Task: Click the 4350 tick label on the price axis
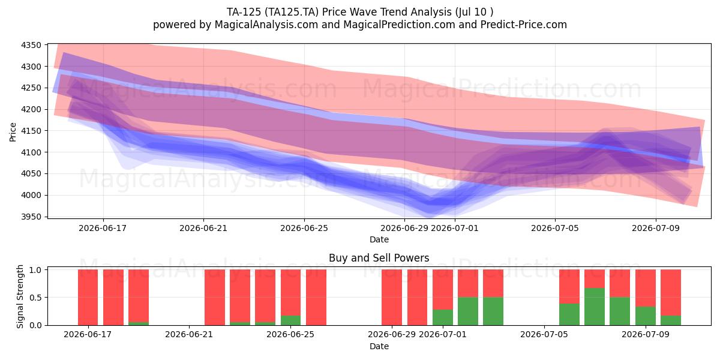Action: point(31,45)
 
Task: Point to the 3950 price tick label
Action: point(31,217)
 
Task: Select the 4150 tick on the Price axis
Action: point(31,131)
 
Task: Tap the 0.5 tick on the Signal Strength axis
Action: point(35,298)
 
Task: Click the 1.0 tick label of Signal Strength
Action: point(35,269)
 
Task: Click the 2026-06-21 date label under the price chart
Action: point(203,228)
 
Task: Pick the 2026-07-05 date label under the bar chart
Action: point(544,334)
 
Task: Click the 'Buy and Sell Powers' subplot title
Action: point(379,258)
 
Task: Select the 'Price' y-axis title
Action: point(13,132)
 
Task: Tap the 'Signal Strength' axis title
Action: point(20,296)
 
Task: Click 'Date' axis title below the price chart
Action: point(379,239)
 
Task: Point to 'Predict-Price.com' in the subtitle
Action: point(524,25)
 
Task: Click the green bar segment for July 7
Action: point(595,307)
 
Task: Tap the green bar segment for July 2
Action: point(468,311)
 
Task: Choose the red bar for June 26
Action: point(316,298)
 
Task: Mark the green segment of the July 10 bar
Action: point(671,320)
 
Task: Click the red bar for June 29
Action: point(392,298)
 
